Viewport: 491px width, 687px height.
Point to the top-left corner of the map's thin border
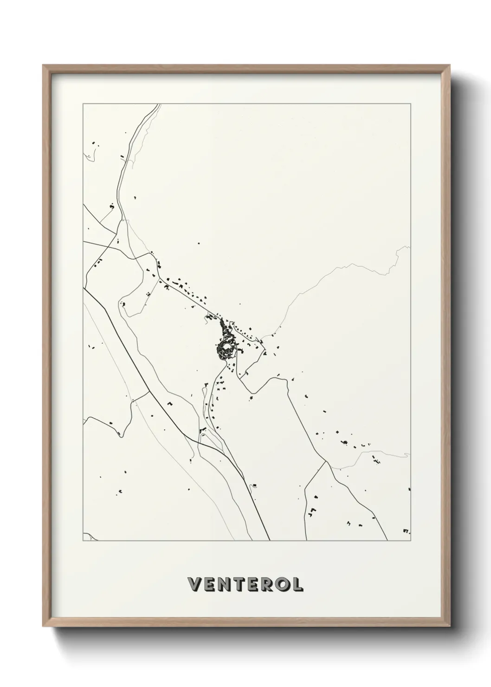click(x=83, y=104)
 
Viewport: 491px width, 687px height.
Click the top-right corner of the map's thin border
click(x=410, y=104)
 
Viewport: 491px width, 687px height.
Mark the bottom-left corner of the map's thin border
click(x=83, y=541)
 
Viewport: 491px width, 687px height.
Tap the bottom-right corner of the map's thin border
click(x=410, y=541)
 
